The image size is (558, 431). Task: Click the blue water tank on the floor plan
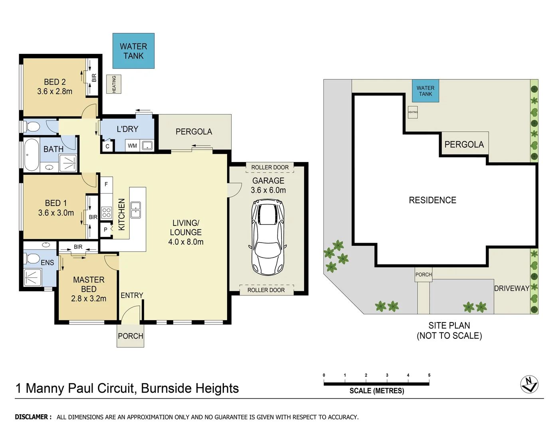tap(133, 51)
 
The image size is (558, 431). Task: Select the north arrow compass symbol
tap(529, 384)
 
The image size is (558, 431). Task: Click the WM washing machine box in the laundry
tap(132, 146)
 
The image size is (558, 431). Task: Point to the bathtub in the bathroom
tap(32, 155)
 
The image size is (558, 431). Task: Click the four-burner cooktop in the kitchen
tap(106, 213)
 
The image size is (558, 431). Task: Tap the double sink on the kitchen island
tap(136, 210)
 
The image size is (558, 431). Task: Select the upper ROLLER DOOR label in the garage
tap(270, 168)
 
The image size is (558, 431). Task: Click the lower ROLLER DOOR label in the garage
tap(266, 290)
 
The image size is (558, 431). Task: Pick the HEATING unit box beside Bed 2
tap(114, 85)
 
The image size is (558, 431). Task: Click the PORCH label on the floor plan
tap(131, 336)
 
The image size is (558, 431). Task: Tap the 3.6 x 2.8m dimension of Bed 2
tap(55, 91)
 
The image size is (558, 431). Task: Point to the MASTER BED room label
tap(89, 284)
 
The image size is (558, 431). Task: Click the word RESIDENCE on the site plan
tap(432, 200)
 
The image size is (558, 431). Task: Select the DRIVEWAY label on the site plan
tap(511, 288)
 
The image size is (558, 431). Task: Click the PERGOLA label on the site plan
tap(464, 144)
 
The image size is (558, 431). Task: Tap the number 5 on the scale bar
tap(429, 375)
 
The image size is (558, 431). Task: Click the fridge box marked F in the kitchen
tap(106, 184)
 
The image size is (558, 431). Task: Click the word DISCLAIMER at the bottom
tap(33, 417)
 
